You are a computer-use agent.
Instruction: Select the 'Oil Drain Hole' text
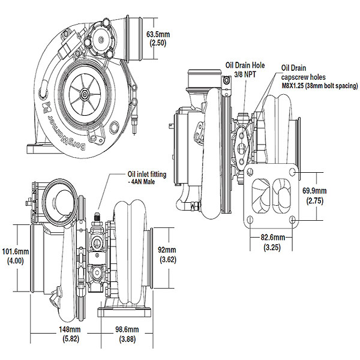click(244, 65)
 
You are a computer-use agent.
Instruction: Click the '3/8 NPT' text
click(244, 76)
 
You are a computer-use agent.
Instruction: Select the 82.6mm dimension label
click(269, 238)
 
